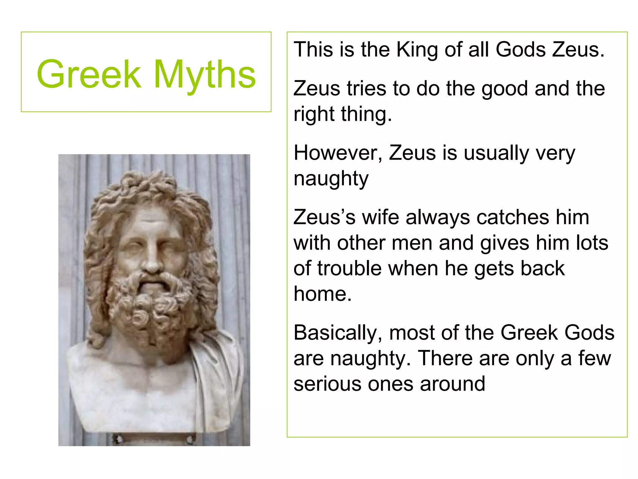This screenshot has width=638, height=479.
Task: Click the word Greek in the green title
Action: (x=89, y=74)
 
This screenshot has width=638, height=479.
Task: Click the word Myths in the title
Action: (x=205, y=75)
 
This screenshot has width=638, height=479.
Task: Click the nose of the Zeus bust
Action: (x=152, y=262)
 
